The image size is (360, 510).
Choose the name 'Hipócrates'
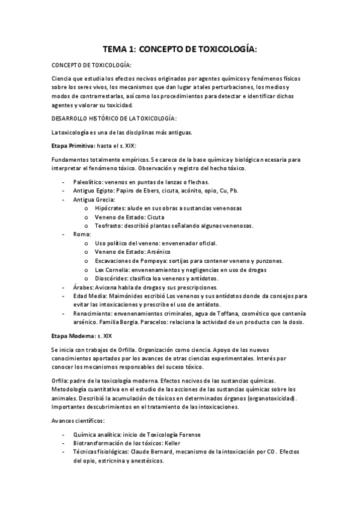[x=110, y=208]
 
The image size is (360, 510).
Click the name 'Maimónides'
[x=129, y=296]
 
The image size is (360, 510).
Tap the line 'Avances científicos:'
[x=78, y=420]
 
